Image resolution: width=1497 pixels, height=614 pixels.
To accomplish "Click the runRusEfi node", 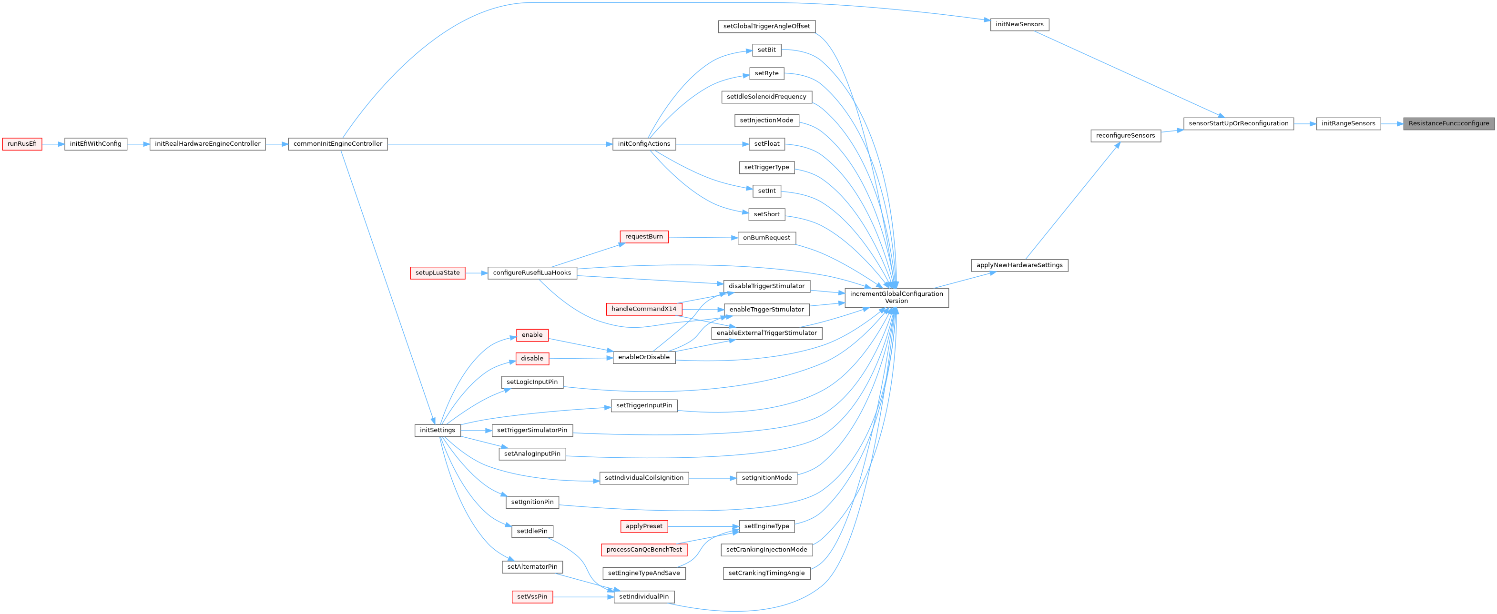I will [22, 144].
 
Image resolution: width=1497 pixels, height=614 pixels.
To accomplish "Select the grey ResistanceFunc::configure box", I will [1448, 124].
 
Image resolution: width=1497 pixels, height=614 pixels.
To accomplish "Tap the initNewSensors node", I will [1019, 24].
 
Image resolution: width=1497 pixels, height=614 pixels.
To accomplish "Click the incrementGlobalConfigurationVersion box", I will [896, 297].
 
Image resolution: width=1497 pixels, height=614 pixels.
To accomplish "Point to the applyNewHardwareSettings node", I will [1019, 265].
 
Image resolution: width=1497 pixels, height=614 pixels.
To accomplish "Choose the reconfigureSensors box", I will [1125, 136].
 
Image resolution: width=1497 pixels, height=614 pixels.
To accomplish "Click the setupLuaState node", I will [438, 273].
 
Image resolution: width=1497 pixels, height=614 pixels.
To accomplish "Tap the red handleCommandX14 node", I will [644, 309].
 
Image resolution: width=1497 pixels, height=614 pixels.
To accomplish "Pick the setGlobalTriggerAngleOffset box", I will [766, 26].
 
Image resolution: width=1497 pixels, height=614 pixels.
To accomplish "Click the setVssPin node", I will [532, 596].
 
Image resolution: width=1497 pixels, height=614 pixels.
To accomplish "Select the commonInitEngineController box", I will [337, 144].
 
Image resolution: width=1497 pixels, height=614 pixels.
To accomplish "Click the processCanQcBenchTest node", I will [644, 550].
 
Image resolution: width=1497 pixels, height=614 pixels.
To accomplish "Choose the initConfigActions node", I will [644, 144].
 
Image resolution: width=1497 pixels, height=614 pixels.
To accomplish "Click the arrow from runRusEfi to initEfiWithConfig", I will [53, 144].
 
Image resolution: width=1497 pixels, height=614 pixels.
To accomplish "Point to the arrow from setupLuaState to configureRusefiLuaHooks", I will [477, 273].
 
